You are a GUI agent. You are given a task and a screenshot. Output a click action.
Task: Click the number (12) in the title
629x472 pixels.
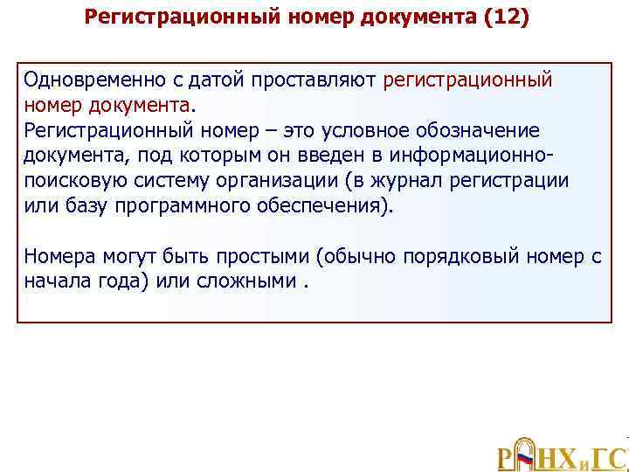pos(507,17)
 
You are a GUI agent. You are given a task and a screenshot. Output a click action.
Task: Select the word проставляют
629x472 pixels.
pos(316,80)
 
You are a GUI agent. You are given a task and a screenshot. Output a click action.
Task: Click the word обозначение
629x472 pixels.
pos(485,131)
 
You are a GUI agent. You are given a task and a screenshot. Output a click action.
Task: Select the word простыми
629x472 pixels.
pos(266,257)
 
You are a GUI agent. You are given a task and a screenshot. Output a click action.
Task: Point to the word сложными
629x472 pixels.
pos(248,282)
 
